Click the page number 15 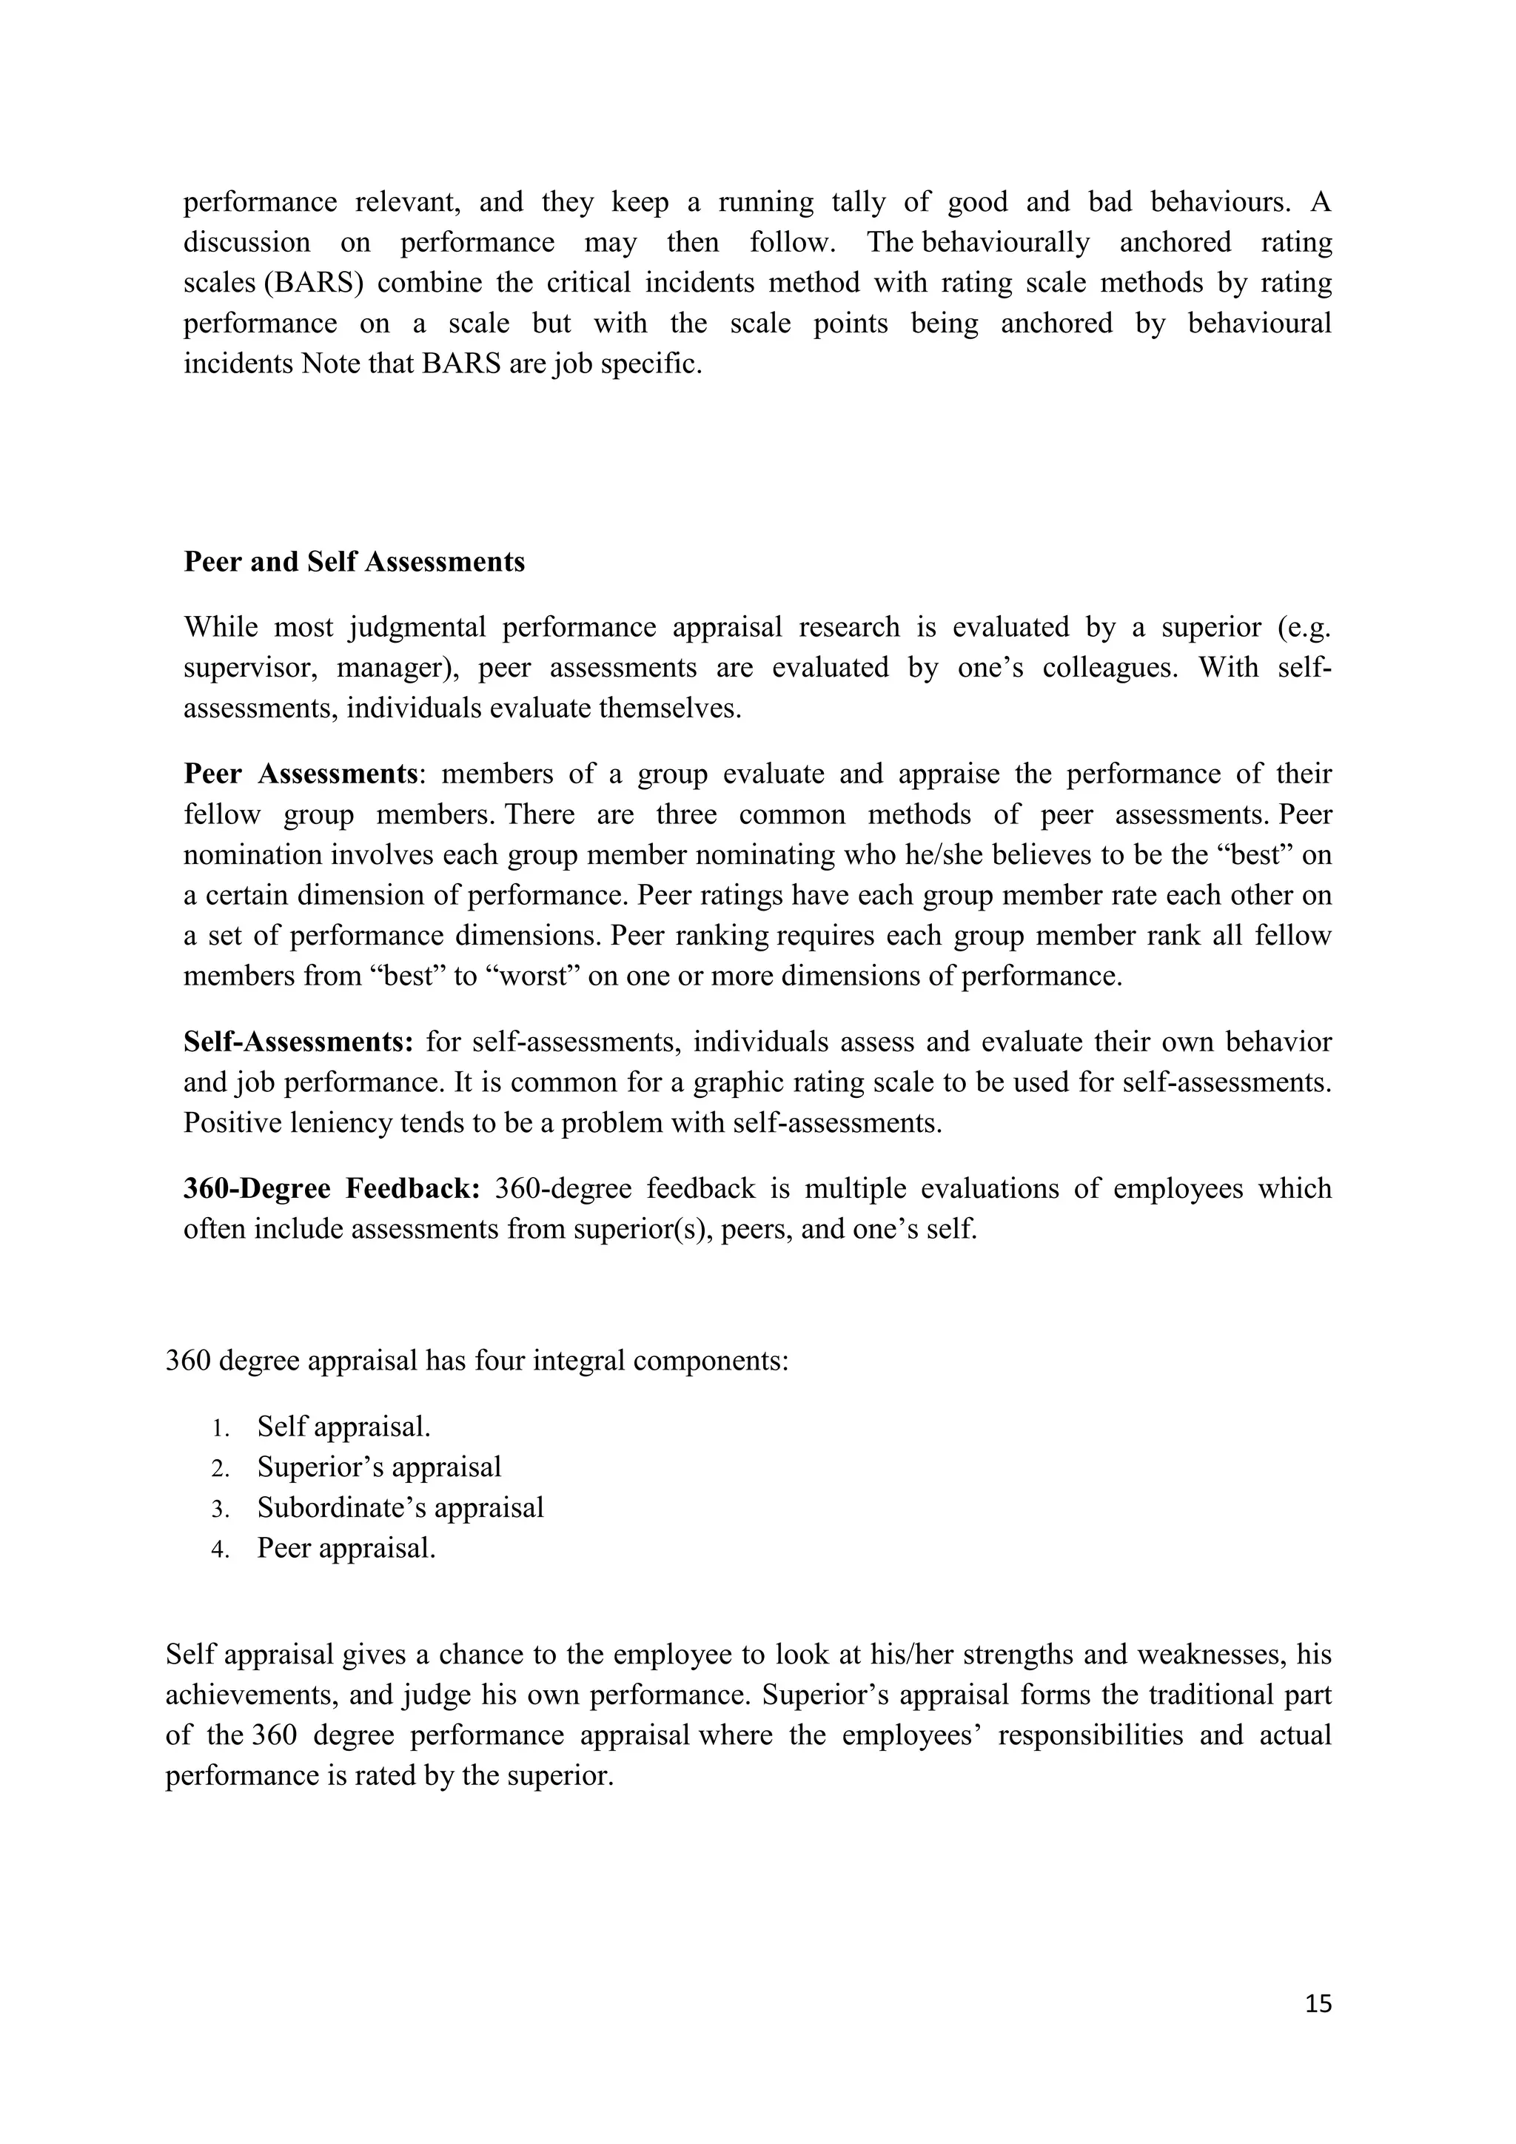[x=1318, y=2004]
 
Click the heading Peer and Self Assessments [x=354, y=562]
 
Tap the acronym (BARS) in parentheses [x=312, y=283]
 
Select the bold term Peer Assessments [x=300, y=774]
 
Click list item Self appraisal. [x=343, y=1427]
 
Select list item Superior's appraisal [x=379, y=1467]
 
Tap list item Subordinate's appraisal [x=400, y=1508]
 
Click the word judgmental [x=417, y=628]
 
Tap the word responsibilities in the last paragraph [x=1090, y=1736]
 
